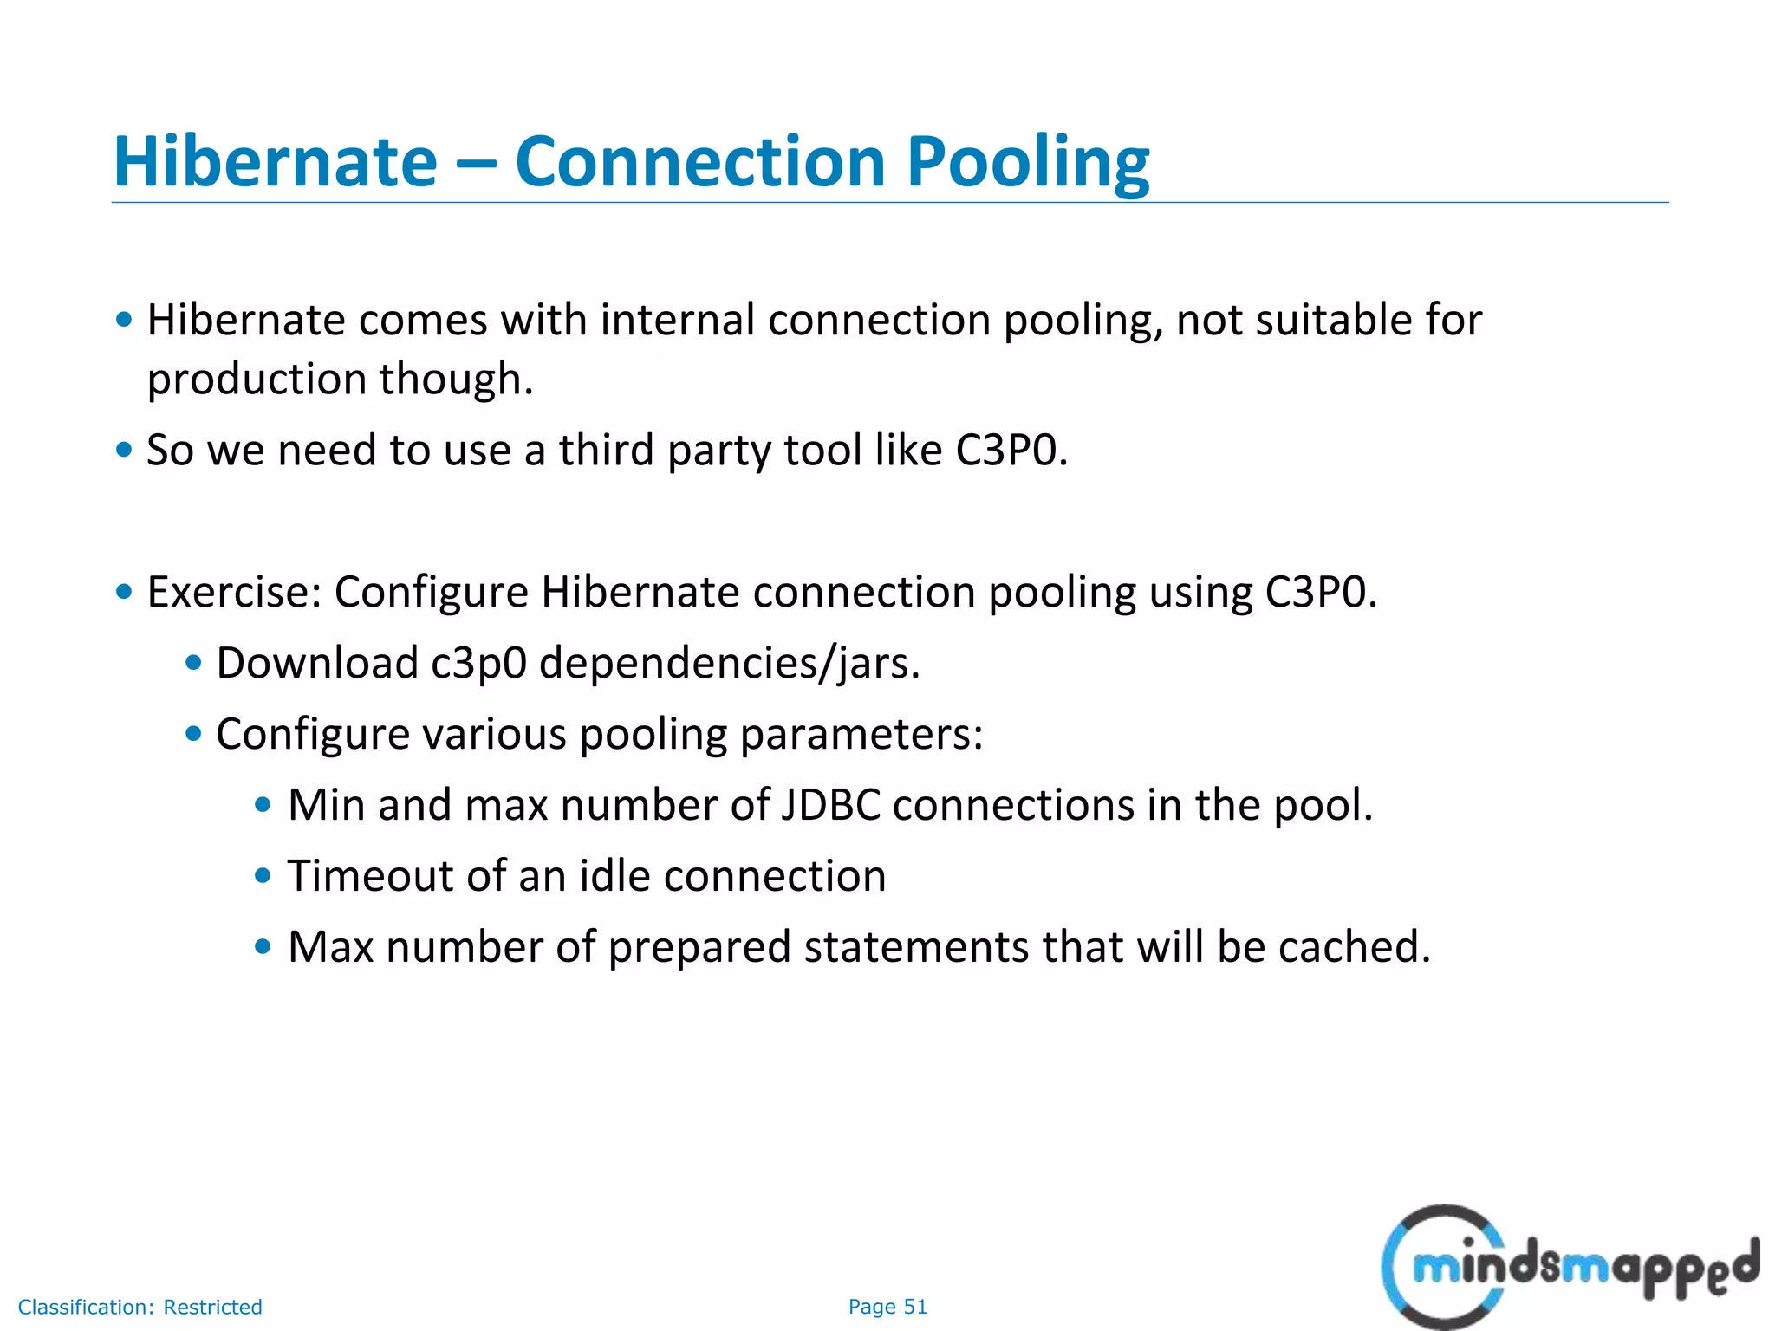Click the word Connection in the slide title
click(x=699, y=162)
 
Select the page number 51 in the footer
click(x=915, y=1307)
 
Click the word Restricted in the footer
click(x=212, y=1307)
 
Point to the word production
click(x=257, y=380)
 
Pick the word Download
click(x=317, y=664)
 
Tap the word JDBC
click(x=830, y=805)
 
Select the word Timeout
click(x=371, y=876)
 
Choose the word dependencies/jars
click(x=729, y=664)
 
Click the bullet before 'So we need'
click(x=125, y=450)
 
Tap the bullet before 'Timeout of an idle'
click(x=263, y=875)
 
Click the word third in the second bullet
click(x=606, y=451)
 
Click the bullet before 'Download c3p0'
click(x=194, y=664)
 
